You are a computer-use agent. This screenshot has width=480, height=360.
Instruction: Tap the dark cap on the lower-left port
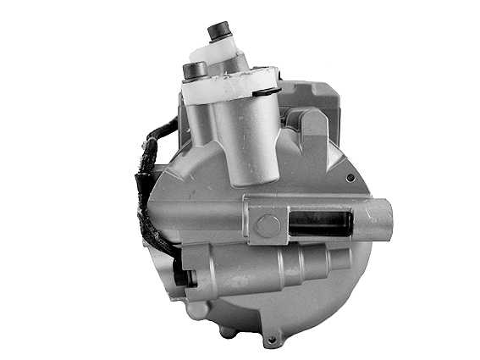[x=194, y=68]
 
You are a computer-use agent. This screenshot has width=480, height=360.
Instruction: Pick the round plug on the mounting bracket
[x=268, y=225]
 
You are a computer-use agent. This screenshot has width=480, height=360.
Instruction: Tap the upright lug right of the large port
[x=312, y=127]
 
